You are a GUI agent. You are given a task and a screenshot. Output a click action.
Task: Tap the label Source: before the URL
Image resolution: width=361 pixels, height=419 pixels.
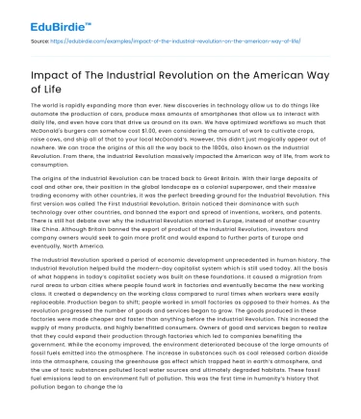pos(39,42)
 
